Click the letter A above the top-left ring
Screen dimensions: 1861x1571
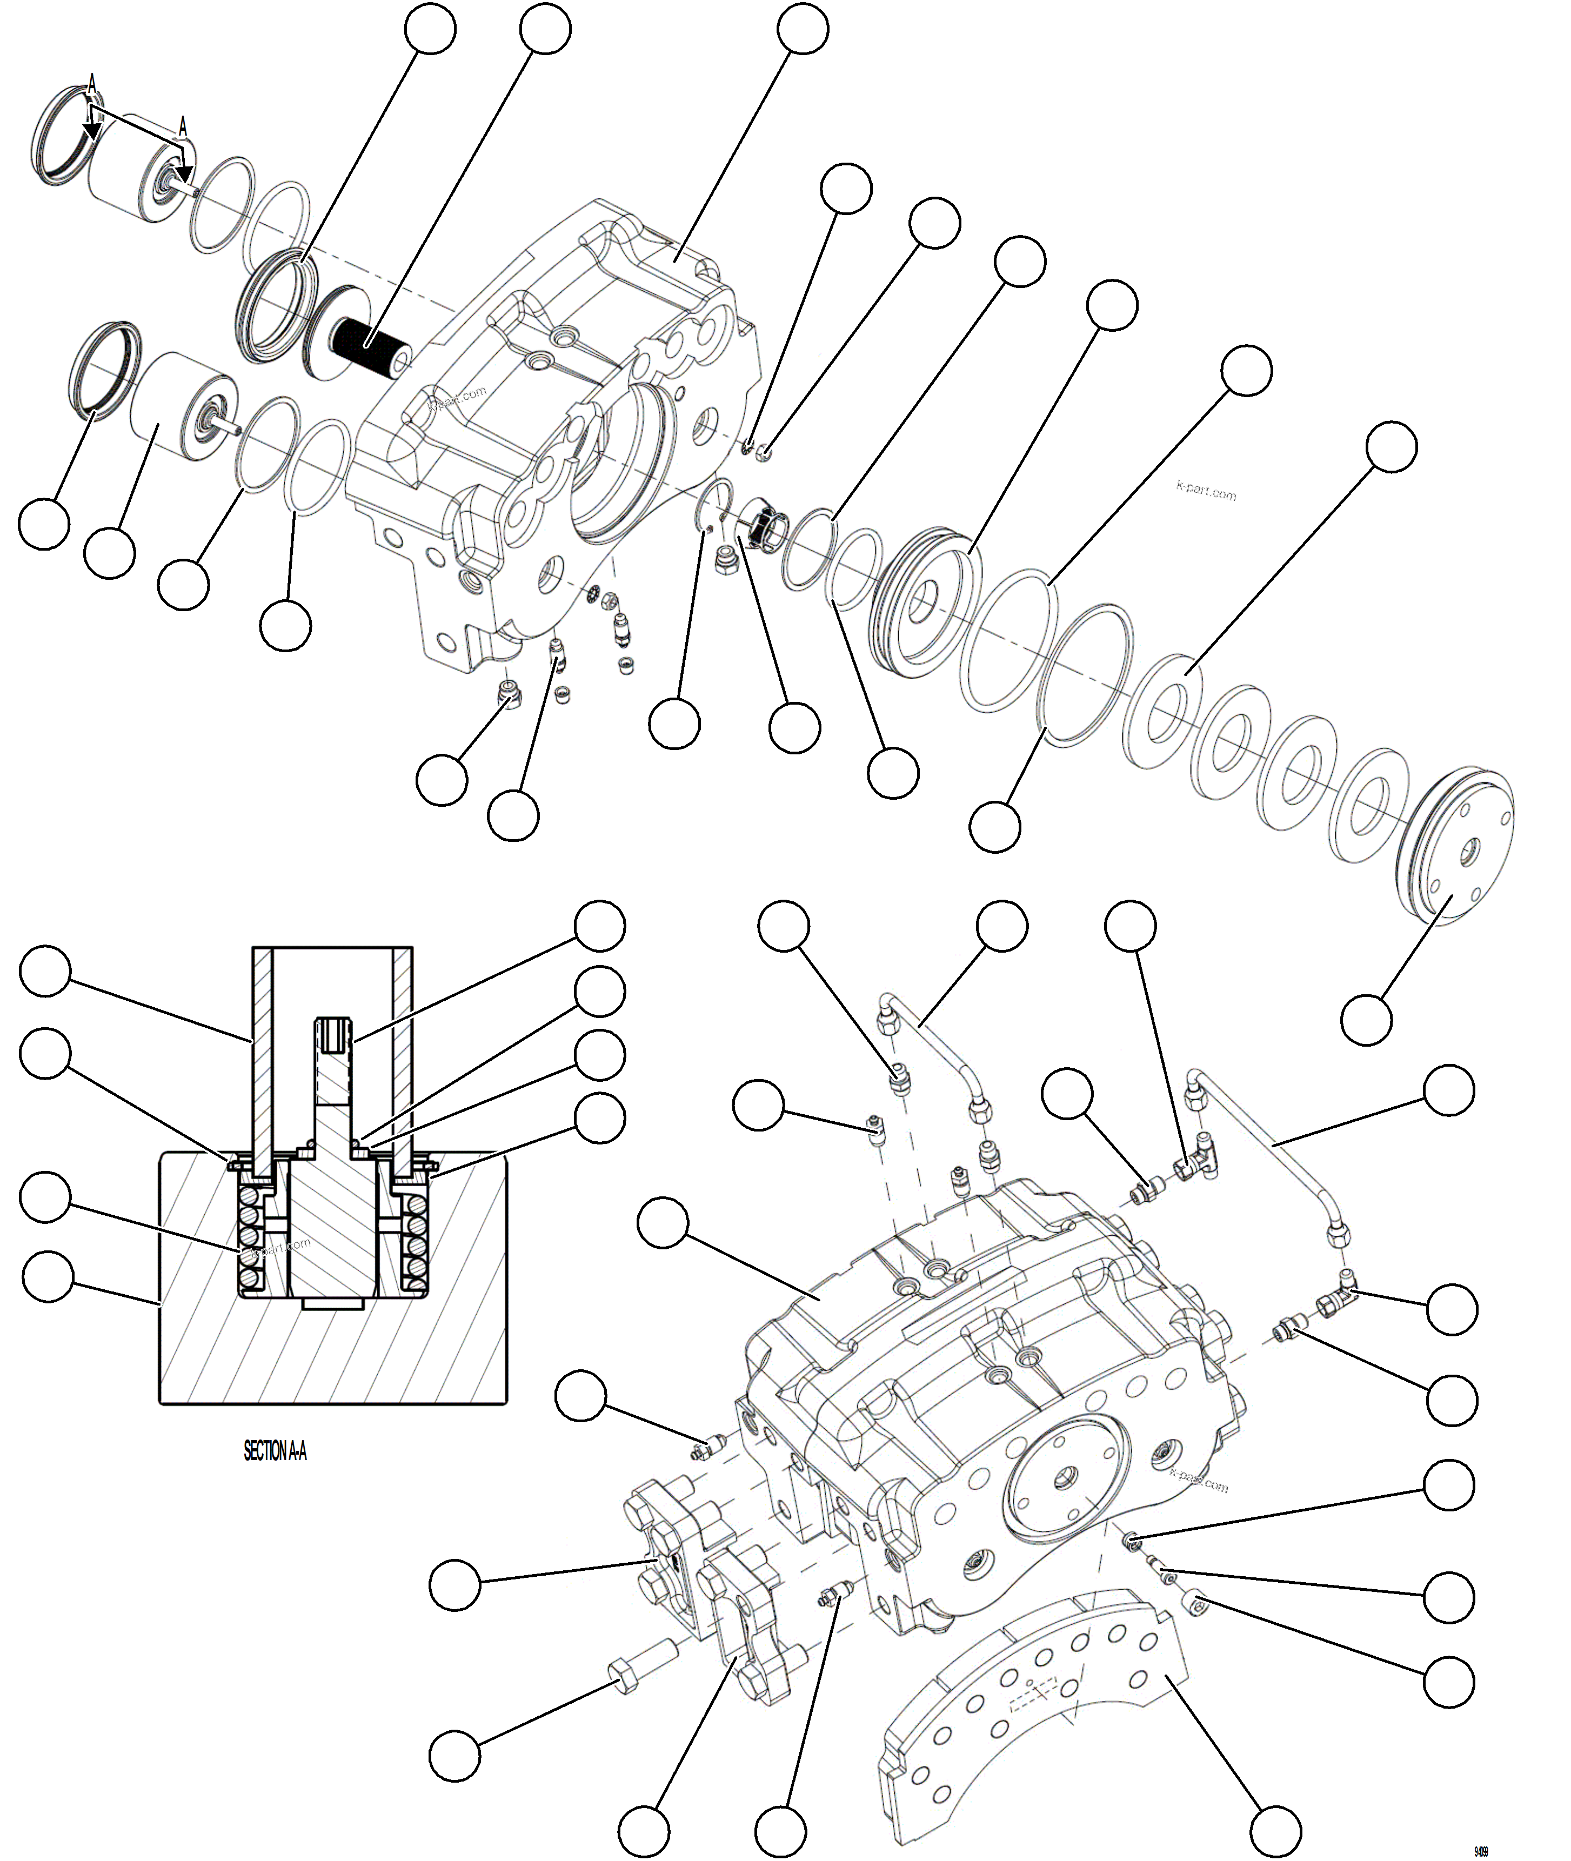click(x=92, y=85)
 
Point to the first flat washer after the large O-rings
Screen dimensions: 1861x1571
click(x=1162, y=712)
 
